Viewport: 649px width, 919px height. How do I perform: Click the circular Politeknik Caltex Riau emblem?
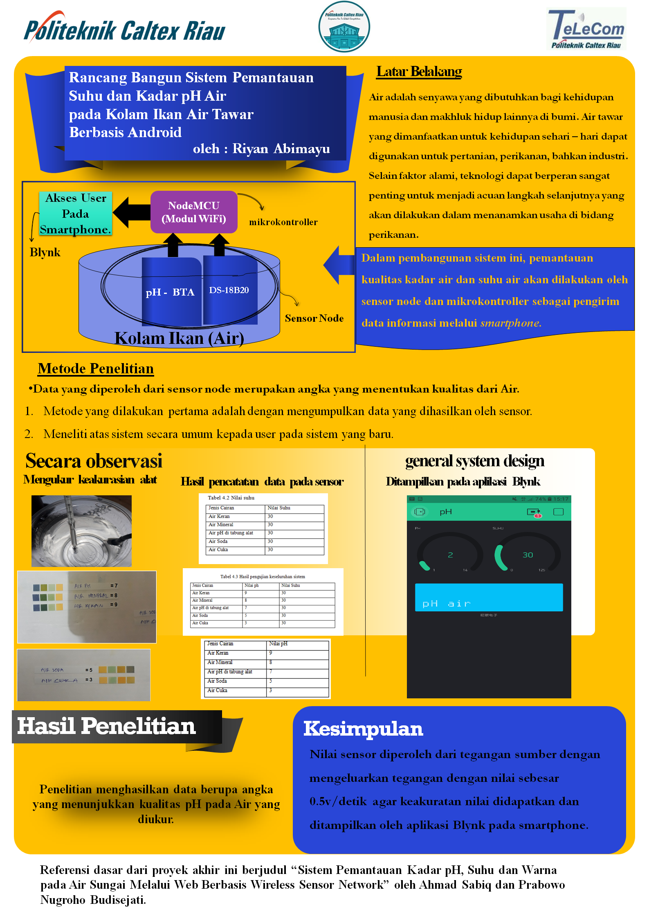[x=344, y=27]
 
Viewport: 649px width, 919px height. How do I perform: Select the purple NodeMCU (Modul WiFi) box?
[x=194, y=212]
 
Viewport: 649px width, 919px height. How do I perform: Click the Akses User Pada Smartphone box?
[x=76, y=214]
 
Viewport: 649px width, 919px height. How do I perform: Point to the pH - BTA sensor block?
[x=171, y=291]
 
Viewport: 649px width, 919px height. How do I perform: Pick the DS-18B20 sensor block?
[x=229, y=290]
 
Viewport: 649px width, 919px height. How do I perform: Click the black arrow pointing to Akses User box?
[x=132, y=212]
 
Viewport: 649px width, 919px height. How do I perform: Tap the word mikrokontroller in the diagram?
[x=283, y=222]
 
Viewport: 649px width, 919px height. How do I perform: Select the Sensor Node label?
[x=314, y=318]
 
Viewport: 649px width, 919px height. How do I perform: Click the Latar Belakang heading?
[x=419, y=72]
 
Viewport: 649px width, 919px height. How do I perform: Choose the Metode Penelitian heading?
[x=96, y=368]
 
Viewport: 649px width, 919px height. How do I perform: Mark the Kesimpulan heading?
[x=363, y=729]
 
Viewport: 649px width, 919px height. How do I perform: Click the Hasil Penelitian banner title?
[x=106, y=726]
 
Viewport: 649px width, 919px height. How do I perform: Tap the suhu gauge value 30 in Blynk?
[x=528, y=555]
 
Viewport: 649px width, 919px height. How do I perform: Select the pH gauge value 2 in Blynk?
[x=450, y=555]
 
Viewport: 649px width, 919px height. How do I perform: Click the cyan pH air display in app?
[x=489, y=597]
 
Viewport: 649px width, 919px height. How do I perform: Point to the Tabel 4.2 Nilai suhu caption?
[x=231, y=498]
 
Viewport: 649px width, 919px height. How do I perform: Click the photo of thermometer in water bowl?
[x=81, y=531]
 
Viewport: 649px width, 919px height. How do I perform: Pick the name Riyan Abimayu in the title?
[x=281, y=149]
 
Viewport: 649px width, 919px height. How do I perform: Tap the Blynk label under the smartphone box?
[x=45, y=252]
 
